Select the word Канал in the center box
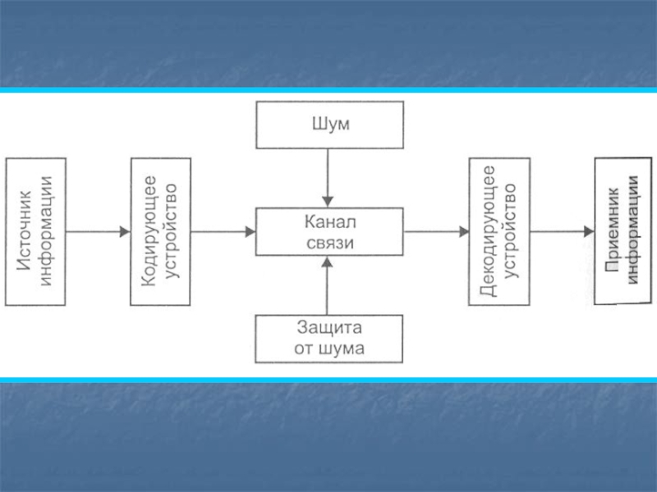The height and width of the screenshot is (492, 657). point(328,222)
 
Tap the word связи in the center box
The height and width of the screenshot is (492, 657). point(328,243)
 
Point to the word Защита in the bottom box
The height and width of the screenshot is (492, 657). point(328,328)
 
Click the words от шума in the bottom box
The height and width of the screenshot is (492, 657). point(328,348)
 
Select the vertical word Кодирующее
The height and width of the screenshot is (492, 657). point(149,230)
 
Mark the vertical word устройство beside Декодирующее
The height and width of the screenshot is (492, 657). point(509,230)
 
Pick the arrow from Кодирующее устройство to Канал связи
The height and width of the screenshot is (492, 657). point(223,232)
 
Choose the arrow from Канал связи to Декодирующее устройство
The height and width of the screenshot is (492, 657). point(435,232)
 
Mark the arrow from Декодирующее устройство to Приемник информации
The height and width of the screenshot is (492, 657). point(562,232)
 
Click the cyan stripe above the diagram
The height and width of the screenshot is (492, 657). point(328,90)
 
